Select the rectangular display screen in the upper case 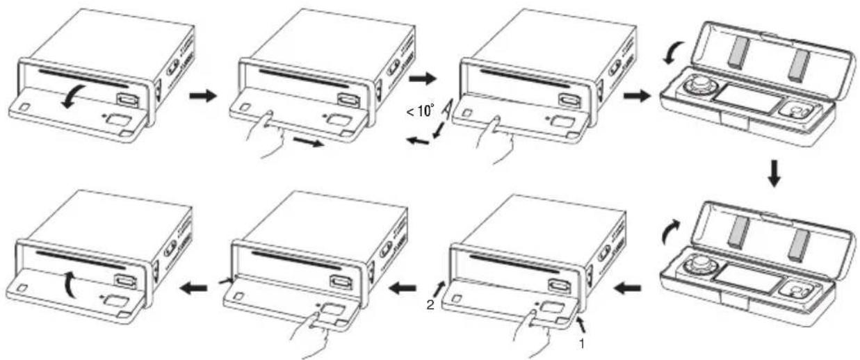point(748,99)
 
